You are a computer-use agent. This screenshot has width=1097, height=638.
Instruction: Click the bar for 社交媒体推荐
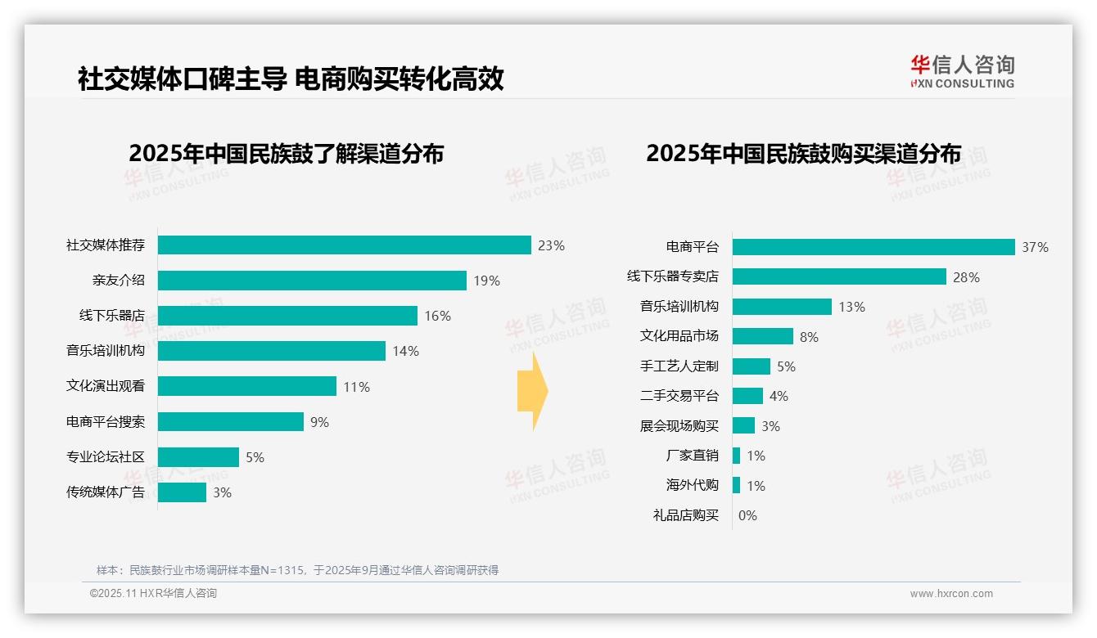point(344,245)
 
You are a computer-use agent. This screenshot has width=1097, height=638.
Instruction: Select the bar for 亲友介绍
point(312,281)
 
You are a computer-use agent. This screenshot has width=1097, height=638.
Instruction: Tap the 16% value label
point(437,316)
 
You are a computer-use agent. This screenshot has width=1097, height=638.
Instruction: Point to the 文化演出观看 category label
point(106,386)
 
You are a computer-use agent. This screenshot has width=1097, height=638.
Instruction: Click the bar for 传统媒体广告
point(182,492)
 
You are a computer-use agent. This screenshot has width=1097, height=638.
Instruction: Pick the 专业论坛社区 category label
point(106,456)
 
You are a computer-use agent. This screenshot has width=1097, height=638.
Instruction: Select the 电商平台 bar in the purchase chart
point(874,247)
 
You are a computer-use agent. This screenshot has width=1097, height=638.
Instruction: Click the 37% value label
point(1035,247)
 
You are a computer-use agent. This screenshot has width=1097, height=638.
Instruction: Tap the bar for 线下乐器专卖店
point(839,276)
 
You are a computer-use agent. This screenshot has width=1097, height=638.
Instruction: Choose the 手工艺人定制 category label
point(679,366)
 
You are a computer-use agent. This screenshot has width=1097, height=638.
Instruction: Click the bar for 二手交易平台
point(747,396)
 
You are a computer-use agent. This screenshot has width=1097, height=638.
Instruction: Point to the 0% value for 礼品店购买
point(747,515)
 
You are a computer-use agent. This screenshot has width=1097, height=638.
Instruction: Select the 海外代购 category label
point(692,485)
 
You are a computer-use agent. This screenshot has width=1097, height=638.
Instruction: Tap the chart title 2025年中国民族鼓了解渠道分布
point(286,154)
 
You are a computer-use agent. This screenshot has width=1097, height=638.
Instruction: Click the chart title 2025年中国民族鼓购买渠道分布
point(803,154)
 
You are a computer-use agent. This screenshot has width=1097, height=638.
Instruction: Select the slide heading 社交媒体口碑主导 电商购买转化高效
point(291,79)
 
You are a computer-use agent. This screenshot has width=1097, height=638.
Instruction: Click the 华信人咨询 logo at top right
point(962,71)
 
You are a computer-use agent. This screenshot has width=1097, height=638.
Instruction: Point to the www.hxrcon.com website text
point(950,594)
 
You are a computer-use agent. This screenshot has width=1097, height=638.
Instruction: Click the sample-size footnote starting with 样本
point(297,570)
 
